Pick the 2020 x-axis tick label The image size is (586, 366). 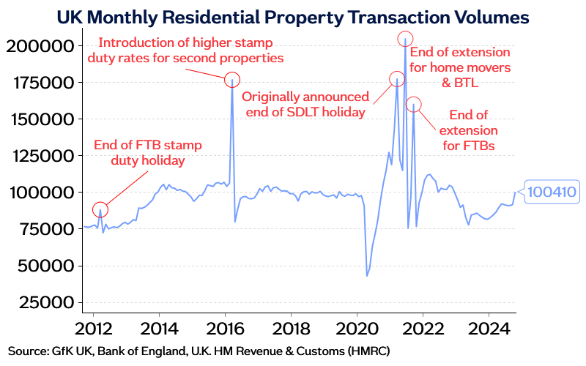356,326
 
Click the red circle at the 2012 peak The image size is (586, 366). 100,210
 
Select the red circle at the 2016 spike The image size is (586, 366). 231,80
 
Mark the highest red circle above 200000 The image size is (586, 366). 405,38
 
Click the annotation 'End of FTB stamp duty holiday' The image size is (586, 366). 147,151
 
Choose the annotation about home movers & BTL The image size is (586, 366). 460,67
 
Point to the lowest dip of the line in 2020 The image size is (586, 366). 367,276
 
